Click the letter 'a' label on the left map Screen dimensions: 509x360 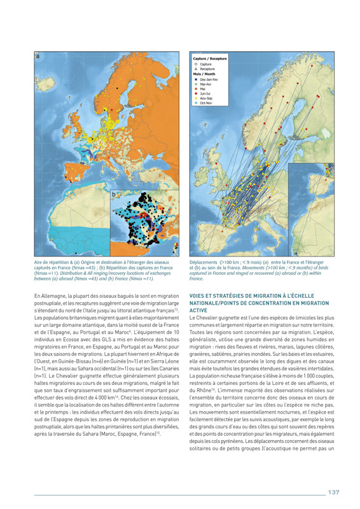pyautogui.click(x=38, y=57)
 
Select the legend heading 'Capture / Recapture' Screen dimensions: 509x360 pyautogui.click(x=209, y=59)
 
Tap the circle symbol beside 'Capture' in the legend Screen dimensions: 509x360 pyautogui.click(x=195, y=64)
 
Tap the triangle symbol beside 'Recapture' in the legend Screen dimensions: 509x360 pyautogui.click(x=195, y=69)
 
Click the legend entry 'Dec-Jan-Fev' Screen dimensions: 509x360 pyautogui.click(x=207, y=79)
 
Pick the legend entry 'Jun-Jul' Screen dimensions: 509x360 pyautogui.click(x=205, y=93)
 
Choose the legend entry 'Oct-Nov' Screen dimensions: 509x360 pyautogui.click(x=205, y=102)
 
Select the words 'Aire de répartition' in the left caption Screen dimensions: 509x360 pyautogui.click(x=50, y=261)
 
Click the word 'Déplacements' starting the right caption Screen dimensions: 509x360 pyautogui.click(x=204, y=261)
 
